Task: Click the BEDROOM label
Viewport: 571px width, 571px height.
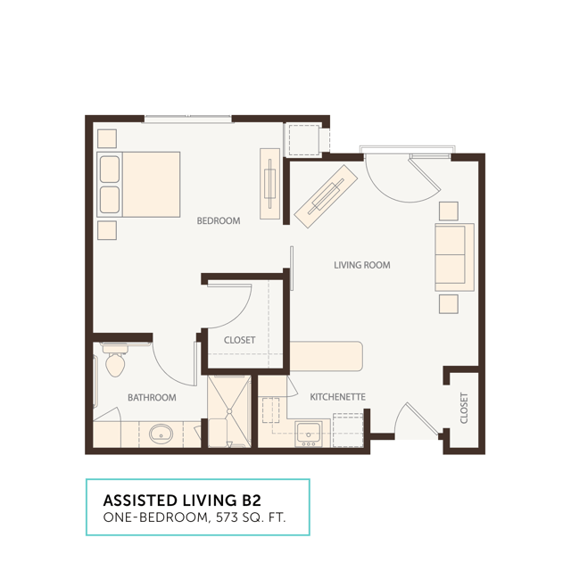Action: pos(219,220)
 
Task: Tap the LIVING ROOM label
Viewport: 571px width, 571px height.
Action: pos(362,265)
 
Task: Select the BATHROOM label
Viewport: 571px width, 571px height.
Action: pos(152,397)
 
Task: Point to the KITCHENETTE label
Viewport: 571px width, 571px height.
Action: pos(337,396)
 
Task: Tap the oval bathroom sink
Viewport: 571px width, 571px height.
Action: pos(161,434)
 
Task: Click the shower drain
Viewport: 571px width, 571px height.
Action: pos(229,411)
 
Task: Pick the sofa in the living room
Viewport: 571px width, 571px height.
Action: pos(454,257)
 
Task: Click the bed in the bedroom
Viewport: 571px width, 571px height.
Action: pos(139,185)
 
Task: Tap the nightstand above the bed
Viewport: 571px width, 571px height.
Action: pos(107,139)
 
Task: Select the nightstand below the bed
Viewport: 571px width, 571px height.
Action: pos(107,230)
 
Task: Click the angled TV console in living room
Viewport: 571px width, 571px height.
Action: pos(326,196)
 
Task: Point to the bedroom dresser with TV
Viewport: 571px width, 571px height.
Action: pos(269,184)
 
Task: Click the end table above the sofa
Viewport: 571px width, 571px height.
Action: pos(449,211)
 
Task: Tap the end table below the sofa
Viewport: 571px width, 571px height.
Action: pos(449,304)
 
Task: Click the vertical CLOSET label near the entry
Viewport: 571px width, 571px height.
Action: pos(464,408)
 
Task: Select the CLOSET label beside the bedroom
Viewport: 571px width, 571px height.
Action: pos(239,340)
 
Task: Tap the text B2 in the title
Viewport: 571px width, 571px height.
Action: pos(252,501)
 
